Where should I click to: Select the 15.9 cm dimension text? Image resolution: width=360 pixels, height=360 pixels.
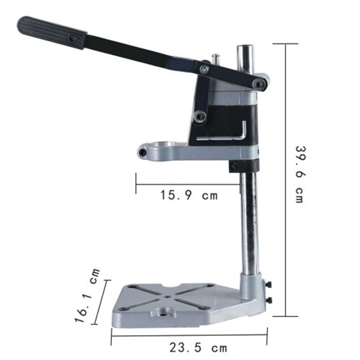coord(189,195)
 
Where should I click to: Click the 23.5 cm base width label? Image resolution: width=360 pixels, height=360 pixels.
coord(198,347)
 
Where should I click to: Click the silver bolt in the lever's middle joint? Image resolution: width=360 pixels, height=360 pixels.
coord(204,69)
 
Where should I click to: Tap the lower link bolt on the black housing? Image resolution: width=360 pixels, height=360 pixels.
coord(199,117)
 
